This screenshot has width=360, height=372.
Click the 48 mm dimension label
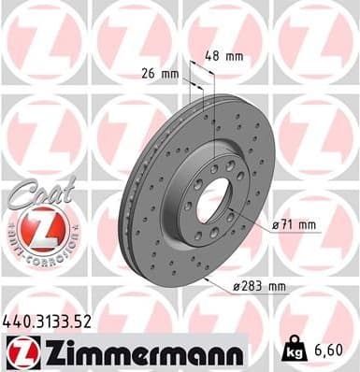tap(224, 56)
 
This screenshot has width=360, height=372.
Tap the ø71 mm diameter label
tap(295, 225)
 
